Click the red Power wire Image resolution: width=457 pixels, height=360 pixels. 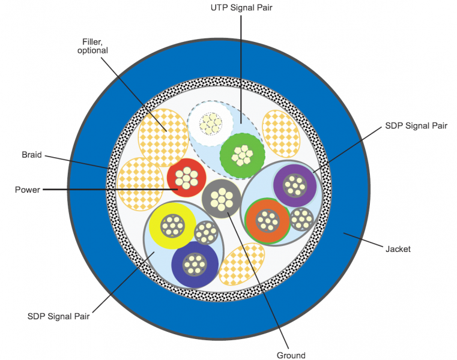186,178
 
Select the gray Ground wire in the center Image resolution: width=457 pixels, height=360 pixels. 222,198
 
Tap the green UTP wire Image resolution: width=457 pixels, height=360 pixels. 241,154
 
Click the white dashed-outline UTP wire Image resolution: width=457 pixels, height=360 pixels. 210,124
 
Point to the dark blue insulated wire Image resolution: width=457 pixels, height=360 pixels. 194,262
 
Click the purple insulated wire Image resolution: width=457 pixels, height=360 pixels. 295,184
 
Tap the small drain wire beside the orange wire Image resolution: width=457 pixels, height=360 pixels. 301,219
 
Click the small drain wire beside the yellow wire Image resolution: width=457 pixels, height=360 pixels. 205,232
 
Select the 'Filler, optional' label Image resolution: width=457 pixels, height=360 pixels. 92,46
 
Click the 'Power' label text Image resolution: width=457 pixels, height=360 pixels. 28,190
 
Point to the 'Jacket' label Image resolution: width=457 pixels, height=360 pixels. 397,249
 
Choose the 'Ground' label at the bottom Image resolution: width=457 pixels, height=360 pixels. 291,355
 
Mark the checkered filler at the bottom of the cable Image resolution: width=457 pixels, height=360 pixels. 241,264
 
